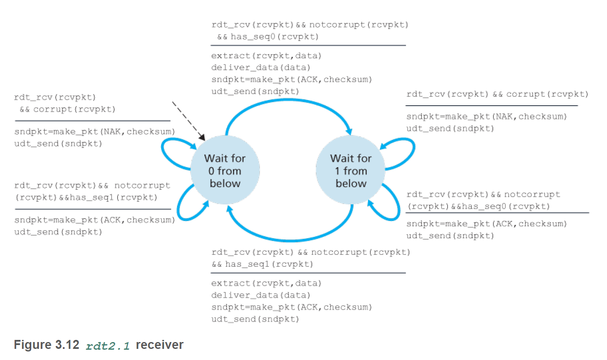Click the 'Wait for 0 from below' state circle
pos(225,171)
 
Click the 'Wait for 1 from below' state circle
pos(351,171)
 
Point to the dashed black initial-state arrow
pos(188,120)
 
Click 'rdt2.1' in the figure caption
pos(108,346)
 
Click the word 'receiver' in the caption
pos(159,345)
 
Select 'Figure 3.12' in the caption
pos(46,345)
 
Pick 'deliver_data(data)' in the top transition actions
pos(260,68)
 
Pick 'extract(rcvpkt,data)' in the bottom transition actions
pos(266,283)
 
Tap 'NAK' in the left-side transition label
pos(112,132)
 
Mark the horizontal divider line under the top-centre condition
pos(308,45)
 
